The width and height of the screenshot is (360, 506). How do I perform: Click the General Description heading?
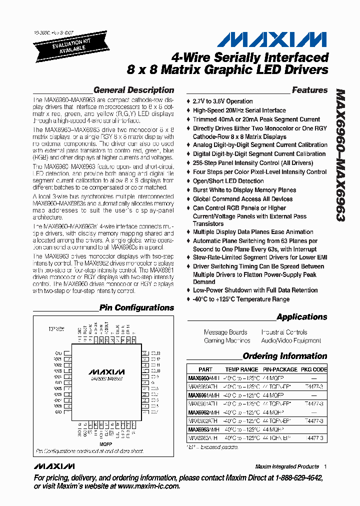[133, 90]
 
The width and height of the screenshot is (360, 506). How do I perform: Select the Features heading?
[309, 90]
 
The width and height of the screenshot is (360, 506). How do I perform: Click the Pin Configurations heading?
[136, 308]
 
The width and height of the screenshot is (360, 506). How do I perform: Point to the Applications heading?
[301, 317]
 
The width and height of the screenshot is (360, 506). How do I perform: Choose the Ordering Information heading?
[284, 356]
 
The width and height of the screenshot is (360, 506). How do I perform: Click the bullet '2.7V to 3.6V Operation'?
[222, 101]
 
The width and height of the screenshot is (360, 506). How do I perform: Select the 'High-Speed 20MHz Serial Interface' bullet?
[239, 110]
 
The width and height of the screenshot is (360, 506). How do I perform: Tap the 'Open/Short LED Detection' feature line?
[228, 181]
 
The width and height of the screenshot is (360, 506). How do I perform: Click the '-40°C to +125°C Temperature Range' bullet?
[241, 299]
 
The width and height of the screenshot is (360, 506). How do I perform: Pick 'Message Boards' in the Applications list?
[225, 332]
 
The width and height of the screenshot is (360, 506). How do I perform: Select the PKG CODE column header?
[313, 370]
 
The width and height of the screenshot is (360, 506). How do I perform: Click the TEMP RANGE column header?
[241, 370]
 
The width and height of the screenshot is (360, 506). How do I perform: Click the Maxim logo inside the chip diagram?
[106, 372]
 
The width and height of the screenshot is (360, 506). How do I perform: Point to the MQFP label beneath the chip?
[105, 443]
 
